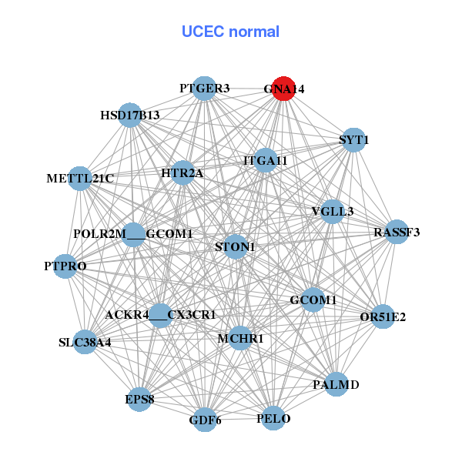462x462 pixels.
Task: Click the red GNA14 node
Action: click(x=283, y=89)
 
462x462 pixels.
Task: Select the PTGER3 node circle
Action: click(x=204, y=88)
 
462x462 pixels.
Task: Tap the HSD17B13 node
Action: click(x=130, y=115)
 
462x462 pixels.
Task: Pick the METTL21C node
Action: click(x=80, y=178)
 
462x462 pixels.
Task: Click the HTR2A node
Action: click(x=182, y=173)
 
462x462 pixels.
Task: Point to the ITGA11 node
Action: click(x=265, y=160)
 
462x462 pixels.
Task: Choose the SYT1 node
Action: click(x=353, y=140)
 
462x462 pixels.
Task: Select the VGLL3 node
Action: click(x=332, y=211)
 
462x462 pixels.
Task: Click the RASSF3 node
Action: click(x=396, y=232)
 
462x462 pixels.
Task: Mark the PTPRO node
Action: click(x=65, y=266)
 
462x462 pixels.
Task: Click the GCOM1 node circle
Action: click(x=312, y=300)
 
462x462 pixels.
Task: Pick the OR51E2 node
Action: click(x=383, y=316)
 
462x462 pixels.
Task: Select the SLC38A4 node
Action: click(x=85, y=342)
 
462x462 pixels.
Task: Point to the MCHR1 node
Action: click(x=240, y=338)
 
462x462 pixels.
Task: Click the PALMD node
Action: click(x=336, y=383)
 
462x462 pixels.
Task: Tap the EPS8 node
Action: click(x=139, y=400)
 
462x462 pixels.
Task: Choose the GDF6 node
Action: click(x=205, y=420)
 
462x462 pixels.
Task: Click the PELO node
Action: click(x=273, y=418)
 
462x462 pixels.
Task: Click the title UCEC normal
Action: click(x=230, y=32)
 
